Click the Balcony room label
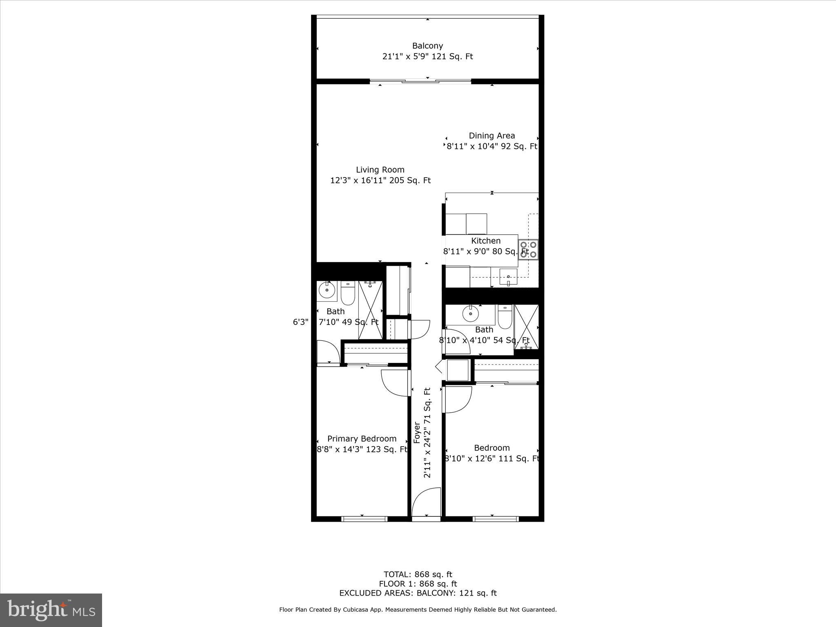point(427,46)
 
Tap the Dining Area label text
point(491,136)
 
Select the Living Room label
point(380,170)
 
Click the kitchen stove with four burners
point(528,250)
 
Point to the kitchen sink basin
point(508,277)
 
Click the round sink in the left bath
point(327,290)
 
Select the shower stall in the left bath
point(371,310)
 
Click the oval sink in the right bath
point(470,313)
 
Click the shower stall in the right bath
point(526,327)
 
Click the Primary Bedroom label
point(362,439)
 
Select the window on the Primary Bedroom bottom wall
point(364,519)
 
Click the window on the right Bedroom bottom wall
point(496,519)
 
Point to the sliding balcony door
point(420,82)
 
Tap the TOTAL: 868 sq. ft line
point(418,574)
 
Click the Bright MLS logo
point(51,610)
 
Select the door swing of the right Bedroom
point(458,399)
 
